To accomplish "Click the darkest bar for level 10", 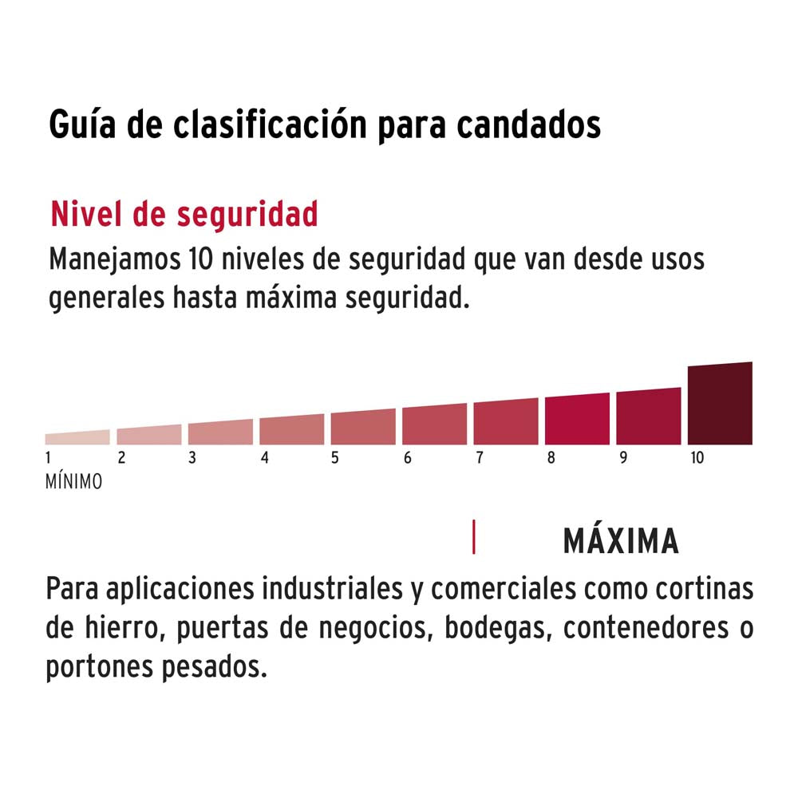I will [x=719, y=404].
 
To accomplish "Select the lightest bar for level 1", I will [x=77, y=437].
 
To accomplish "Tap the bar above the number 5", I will [x=363, y=428].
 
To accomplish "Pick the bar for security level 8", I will [x=577, y=420].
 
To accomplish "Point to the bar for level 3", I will [x=220, y=433].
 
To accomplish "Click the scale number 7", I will [x=479, y=458].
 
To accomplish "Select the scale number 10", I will [x=697, y=458].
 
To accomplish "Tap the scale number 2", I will [x=121, y=458].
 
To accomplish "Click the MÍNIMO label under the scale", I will [x=74, y=482].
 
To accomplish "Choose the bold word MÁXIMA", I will [x=621, y=542].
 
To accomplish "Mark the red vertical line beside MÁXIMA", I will [x=474, y=536].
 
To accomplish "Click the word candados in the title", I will [x=530, y=126].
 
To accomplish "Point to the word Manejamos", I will [x=112, y=261].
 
